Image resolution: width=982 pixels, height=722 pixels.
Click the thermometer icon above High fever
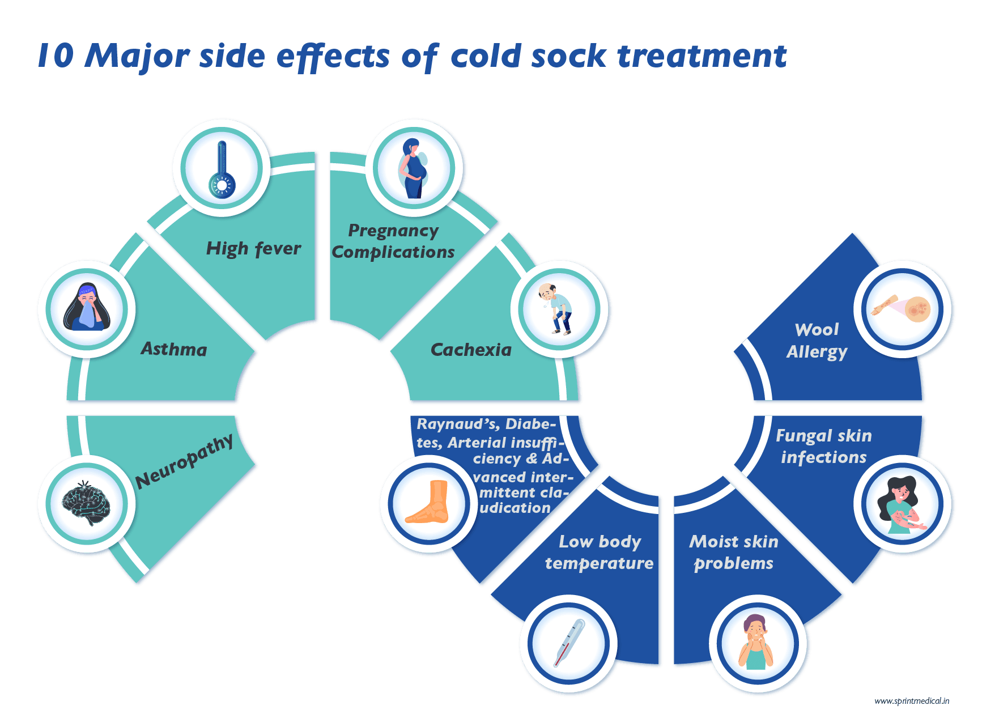[222, 168]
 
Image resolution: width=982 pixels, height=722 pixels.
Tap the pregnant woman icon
[414, 168]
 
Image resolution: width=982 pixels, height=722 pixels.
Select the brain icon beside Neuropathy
[86, 503]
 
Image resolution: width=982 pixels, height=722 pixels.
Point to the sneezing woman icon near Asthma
[86, 309]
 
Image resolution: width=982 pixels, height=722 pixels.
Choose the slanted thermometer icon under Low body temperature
[568, 644]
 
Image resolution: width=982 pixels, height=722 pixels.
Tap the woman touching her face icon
[758, 644]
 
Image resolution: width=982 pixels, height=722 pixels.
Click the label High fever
[253, 248]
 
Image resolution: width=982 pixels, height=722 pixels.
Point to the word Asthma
[173, 349]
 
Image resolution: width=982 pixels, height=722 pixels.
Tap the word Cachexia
[471, 350]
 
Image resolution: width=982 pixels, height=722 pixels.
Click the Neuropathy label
[185, 461]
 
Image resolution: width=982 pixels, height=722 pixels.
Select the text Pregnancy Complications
[393, 241]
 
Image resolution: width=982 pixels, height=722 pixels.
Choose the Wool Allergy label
[817, 340]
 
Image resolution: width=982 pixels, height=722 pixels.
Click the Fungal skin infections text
[823, 446]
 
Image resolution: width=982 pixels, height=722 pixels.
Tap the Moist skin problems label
[733, 552]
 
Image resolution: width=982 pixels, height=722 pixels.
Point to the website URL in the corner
[911, 701]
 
